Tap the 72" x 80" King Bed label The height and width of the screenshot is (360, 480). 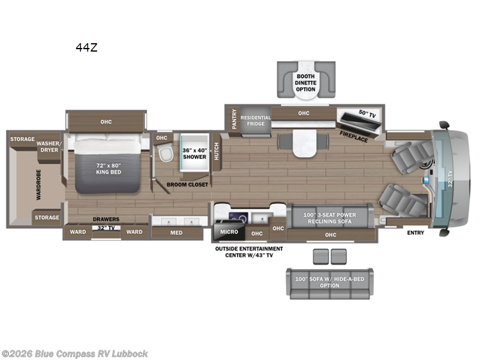click(109, 168)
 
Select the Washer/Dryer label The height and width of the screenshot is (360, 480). click(47, 147)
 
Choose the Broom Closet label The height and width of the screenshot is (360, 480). click(187, 185)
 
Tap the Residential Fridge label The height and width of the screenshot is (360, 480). click(256, 121)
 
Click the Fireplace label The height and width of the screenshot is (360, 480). click(353, 135)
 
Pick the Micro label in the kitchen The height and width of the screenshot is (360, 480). click(229, 232)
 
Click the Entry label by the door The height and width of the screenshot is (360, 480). click(415, 232)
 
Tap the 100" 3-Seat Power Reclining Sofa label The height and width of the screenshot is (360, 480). click(329, 218)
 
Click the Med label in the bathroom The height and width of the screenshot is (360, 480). click(176, 232)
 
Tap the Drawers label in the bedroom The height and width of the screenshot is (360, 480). click(106, 220)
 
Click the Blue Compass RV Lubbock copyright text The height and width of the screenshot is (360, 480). click(74, 353)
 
